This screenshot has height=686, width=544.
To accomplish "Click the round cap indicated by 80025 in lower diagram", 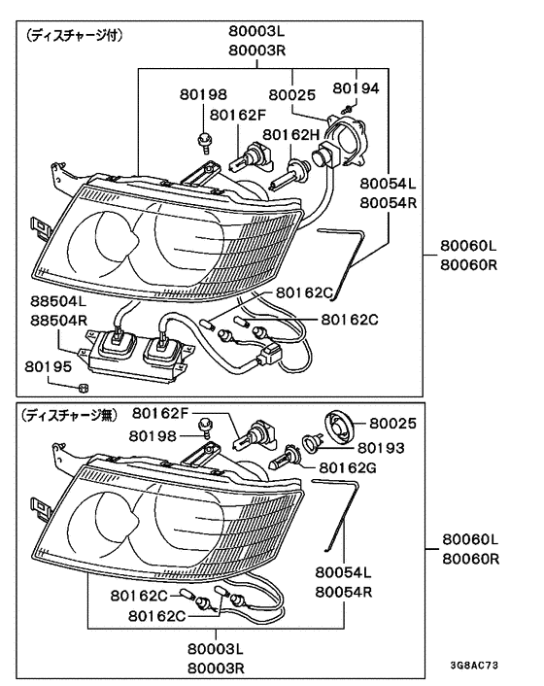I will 339,428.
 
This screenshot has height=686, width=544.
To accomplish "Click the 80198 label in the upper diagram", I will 203,94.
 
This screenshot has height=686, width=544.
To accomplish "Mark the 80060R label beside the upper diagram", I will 470,264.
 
